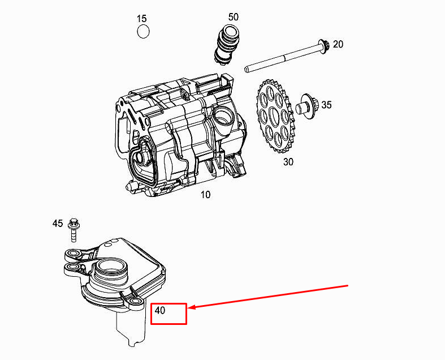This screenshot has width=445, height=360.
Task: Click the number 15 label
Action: [x=141, y=19]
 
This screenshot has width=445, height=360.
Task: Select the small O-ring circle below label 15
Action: [x=143, y=32]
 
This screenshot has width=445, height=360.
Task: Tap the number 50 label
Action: [x=234, y=17]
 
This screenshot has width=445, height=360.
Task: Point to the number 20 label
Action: [x=338, y=44]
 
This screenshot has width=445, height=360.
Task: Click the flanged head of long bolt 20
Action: [x=323, y=45]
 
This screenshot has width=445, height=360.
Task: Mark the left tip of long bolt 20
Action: [x=247, y=70]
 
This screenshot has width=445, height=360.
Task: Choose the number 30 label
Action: [x=288, y=162]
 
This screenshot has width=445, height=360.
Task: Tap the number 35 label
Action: [x=327, y=105]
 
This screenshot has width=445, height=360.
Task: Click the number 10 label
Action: [x=205, y=195]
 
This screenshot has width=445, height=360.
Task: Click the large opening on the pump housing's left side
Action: [x=142, y=164]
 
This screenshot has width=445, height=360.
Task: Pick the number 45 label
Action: [x=58, y=224]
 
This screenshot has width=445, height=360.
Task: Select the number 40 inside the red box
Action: [x=160, y=311]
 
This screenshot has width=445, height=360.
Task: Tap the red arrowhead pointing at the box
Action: [x=191, y=308]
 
